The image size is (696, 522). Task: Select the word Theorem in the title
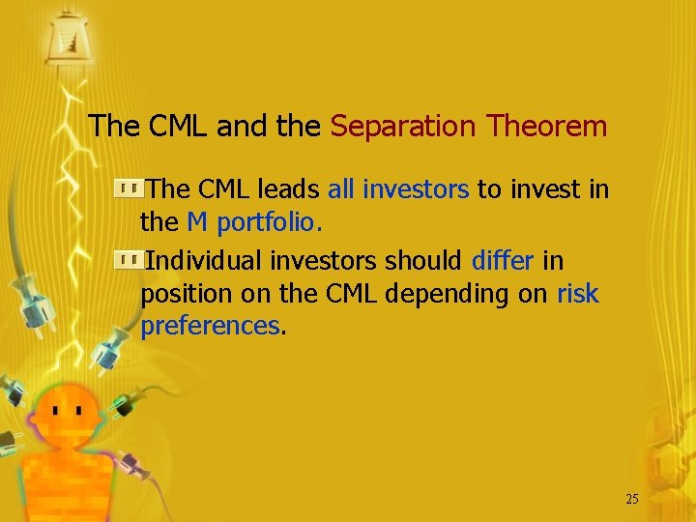(546, 126)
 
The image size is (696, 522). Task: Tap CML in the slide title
(178, 126)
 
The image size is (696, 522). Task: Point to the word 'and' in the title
(241, 126)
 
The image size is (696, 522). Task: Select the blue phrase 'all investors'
(398, 189)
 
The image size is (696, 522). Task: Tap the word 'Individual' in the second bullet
(203, 261)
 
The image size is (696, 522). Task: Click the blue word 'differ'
(503, 261)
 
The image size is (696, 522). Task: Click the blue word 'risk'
(578, 294)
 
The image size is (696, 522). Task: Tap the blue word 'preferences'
(210, 327)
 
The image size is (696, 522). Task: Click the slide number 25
(632, 499)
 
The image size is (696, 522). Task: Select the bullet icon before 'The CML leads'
(126, 188)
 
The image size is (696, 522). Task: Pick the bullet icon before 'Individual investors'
(126, 260)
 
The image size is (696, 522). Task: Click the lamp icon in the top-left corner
(66, 37)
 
